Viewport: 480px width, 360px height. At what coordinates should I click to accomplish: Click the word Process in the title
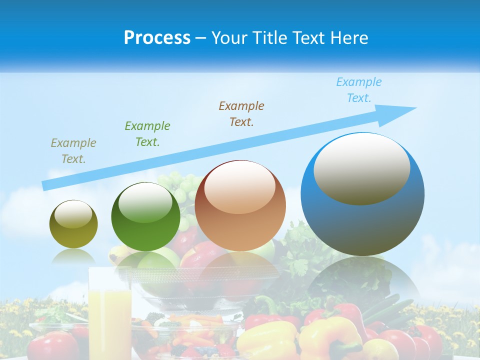[157, 38]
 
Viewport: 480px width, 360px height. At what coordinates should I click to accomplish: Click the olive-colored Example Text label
[73, 151]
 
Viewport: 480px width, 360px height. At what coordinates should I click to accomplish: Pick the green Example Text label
[147, 134]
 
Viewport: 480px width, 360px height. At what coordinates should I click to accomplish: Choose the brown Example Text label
[241, 114]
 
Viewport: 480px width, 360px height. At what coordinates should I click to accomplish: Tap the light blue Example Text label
[359, 90]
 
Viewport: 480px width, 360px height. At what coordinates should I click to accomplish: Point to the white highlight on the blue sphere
[361, 167]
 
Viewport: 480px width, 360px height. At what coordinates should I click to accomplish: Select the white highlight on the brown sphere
[239, 187]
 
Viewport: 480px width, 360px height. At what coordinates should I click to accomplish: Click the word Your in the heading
[229, 38]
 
